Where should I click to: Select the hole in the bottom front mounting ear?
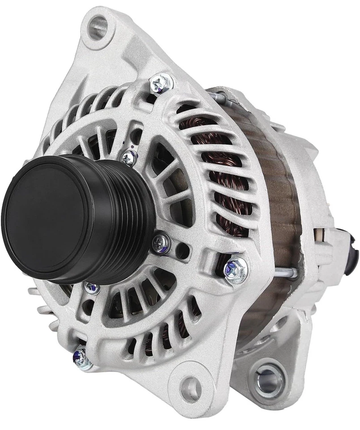click(x=190, y=385)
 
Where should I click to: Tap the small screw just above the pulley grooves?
click(x=129, y=157)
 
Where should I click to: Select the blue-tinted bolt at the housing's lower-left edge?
click(x=80, y=357)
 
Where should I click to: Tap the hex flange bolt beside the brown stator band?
click(x=235, y=269)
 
